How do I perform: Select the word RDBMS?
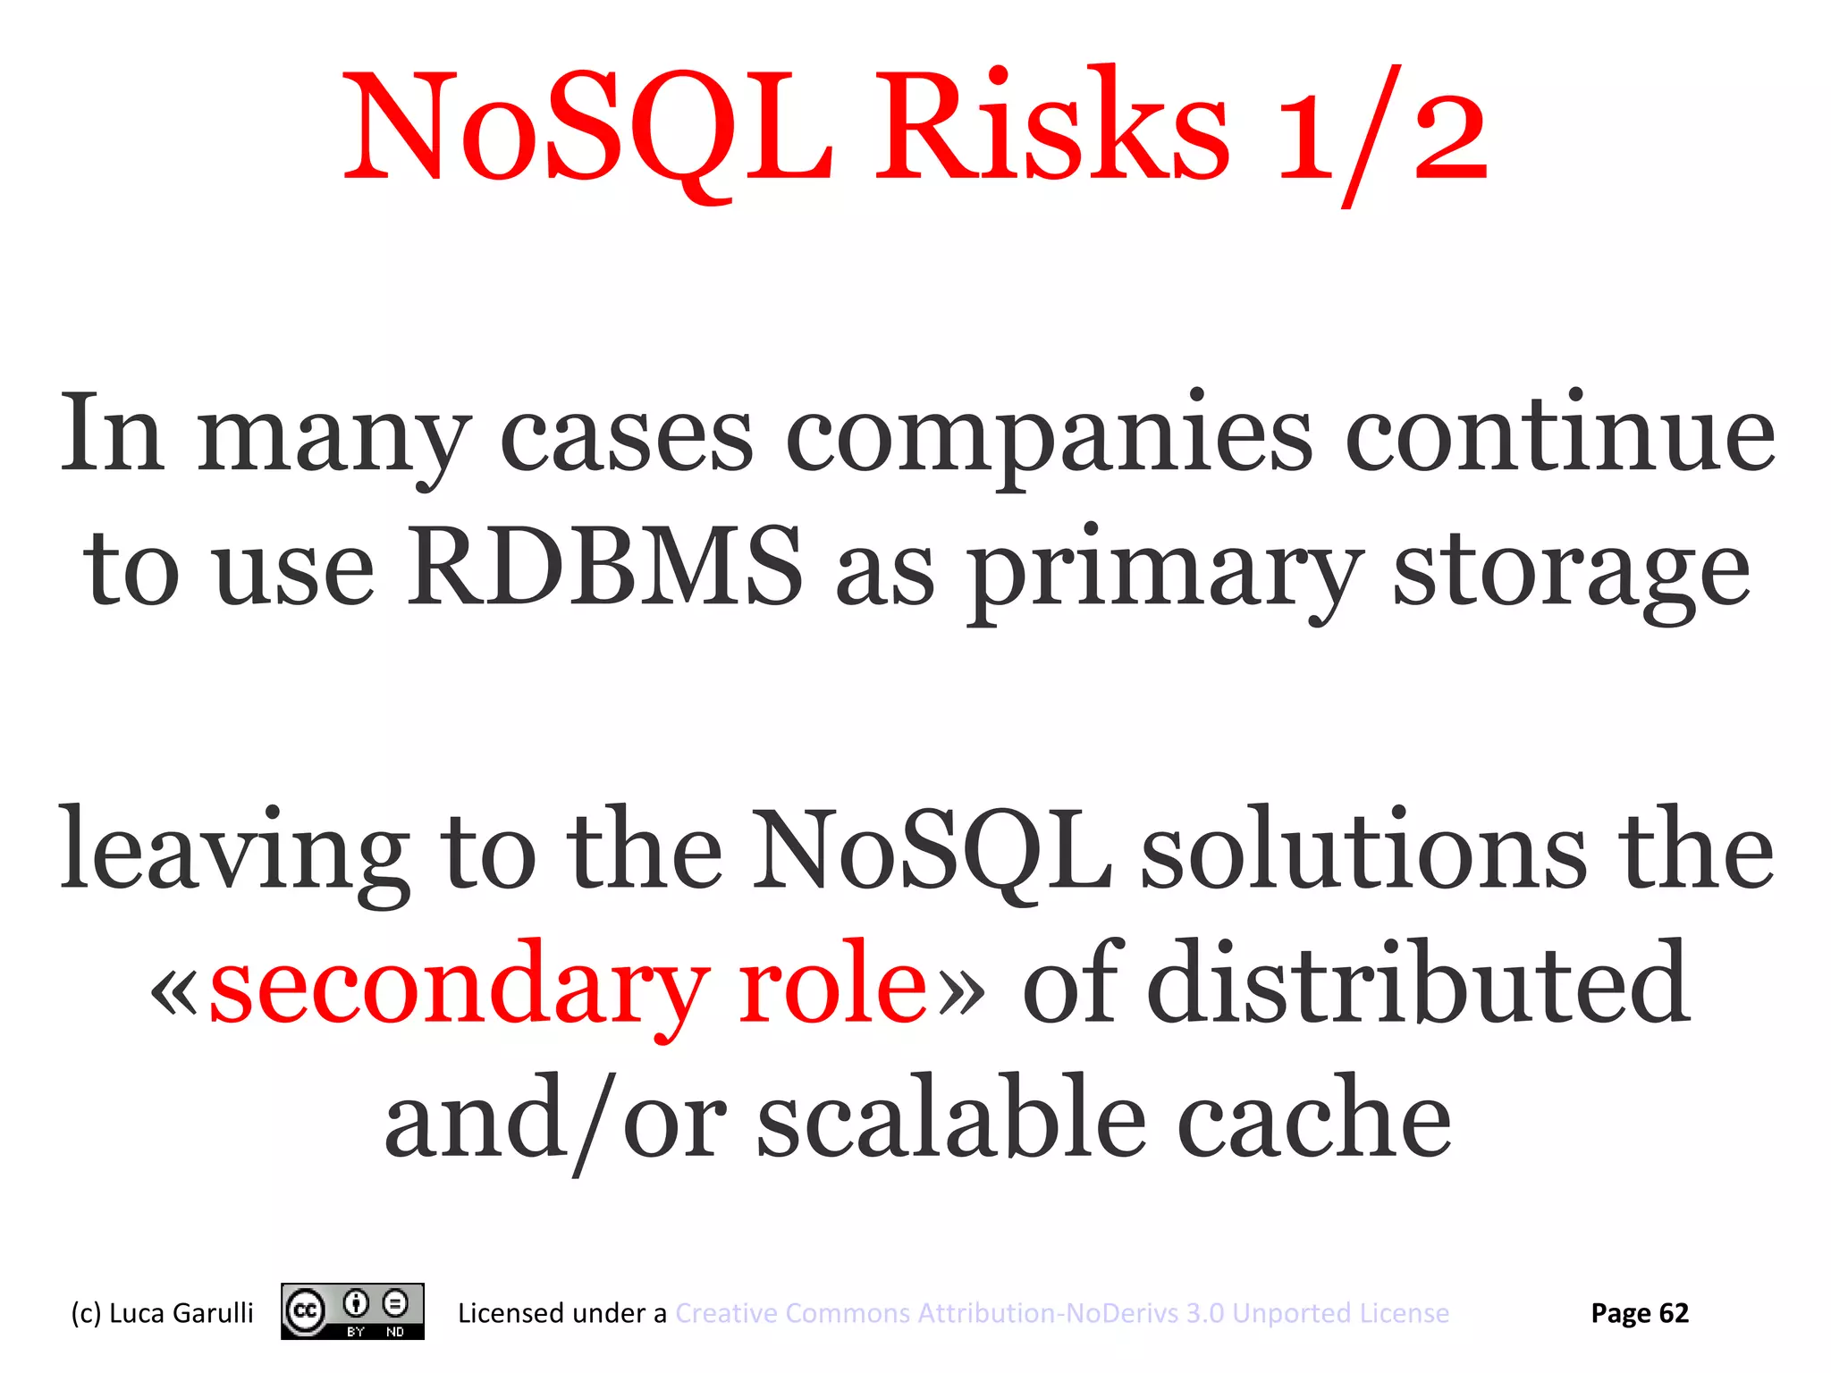[x=605, y=568]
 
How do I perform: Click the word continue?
[x=1559, y=435]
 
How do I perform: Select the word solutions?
[x=1363, y=849]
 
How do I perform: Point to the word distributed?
[x=1418, y=983]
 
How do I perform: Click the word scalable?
[x=951, y=1117]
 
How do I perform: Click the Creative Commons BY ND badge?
[x=352, y=1311]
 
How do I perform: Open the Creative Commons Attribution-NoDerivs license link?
[x=1061, y=1313]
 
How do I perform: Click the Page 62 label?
[x=1639, y=1313]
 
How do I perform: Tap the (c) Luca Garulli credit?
[x=162, y=1313]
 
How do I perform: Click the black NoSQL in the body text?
[x=931, y=849]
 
